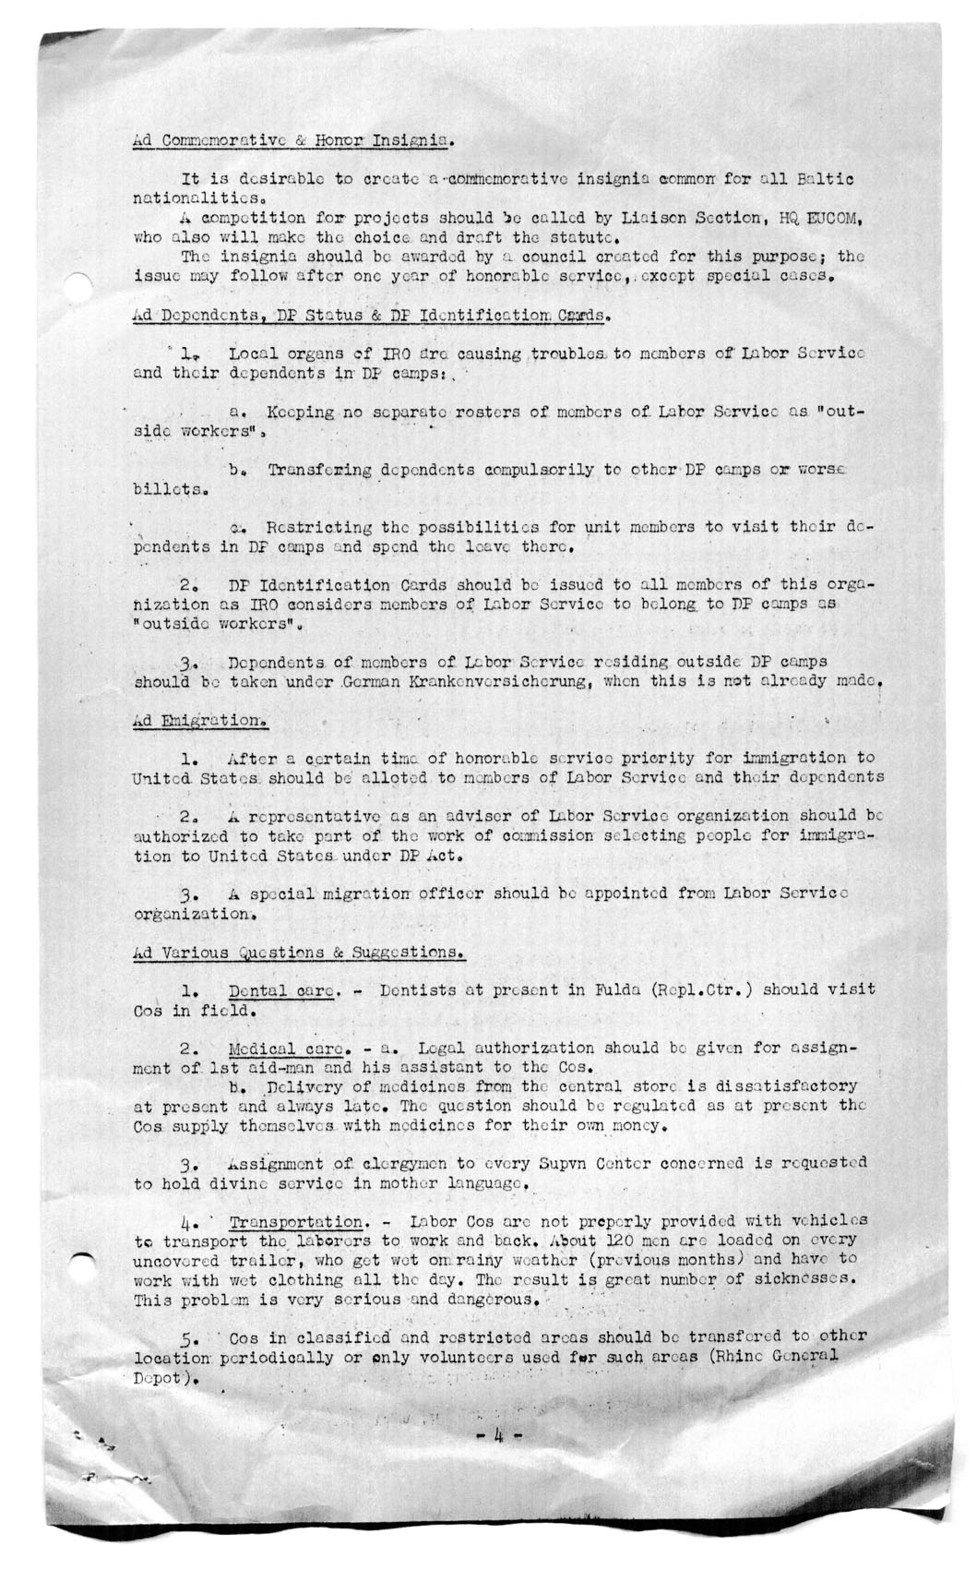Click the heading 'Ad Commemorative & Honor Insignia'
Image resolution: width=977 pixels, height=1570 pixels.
click(x=292, y=141)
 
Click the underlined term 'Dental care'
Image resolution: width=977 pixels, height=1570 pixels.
click(x=277, y=990)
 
